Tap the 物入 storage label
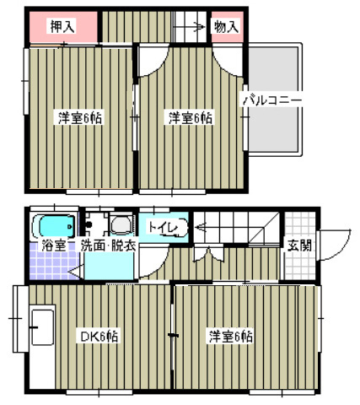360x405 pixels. (226, 26)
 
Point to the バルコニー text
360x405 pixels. (272, 99)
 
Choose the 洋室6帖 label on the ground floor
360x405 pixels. (230, 336)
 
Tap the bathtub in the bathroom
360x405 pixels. (53, 225)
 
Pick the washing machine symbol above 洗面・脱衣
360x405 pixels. (120, 224)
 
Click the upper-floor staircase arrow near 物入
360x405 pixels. (190, 25)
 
